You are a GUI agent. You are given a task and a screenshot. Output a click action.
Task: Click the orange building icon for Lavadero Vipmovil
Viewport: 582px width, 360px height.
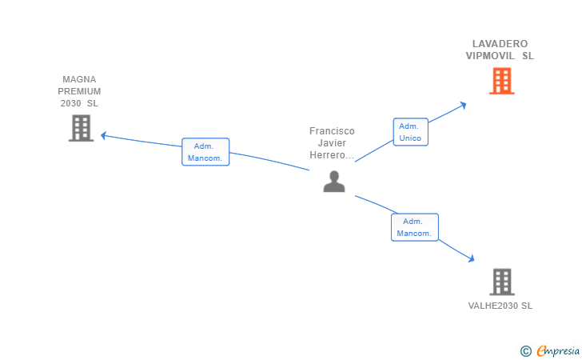pos(501,81)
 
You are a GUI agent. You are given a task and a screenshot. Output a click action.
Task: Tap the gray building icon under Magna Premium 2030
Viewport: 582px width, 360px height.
pos(81,128)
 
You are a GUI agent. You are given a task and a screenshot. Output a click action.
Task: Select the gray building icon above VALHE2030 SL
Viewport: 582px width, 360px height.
pos(501,282)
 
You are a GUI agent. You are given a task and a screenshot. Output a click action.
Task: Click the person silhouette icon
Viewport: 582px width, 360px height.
pos(334,182)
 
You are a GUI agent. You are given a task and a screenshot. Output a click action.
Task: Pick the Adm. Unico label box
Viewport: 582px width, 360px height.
pos(411,132)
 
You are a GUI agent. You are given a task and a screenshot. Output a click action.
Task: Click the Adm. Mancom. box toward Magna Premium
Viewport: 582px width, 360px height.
pos(205,152)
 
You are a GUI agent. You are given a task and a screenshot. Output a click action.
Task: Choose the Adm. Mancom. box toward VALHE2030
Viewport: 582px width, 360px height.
pos(415,227)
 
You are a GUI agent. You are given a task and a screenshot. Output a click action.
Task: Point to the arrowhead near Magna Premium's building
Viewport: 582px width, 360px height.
pos(104,136)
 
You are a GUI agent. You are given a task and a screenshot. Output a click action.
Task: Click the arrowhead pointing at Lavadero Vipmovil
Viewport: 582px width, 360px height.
pos(463,106)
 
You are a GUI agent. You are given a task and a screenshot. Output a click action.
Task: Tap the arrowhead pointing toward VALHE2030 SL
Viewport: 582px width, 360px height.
pos(472,258)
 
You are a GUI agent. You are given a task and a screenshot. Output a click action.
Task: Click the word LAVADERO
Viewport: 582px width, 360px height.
pos(500,44)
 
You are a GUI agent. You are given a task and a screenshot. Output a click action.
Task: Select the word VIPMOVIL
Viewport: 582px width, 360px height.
pos(490,56)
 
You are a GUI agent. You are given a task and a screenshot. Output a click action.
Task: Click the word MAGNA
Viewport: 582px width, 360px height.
pos(79,79)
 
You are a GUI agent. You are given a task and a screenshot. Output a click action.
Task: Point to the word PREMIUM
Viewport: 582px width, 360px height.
pos(79,91)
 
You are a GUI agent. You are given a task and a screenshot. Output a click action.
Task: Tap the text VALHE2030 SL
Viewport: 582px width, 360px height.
pos(500,306)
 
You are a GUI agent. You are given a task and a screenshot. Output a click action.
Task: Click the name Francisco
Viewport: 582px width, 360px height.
pos(332,131)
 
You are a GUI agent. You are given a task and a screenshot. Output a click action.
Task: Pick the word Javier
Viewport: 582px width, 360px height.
pos(332,143)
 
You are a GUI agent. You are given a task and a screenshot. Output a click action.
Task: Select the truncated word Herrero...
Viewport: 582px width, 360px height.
pos(332,155)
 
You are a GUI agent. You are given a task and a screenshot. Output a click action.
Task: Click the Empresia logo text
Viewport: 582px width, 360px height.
pos(558,350)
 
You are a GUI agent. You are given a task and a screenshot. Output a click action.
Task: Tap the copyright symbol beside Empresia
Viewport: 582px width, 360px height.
pos(526,351)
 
